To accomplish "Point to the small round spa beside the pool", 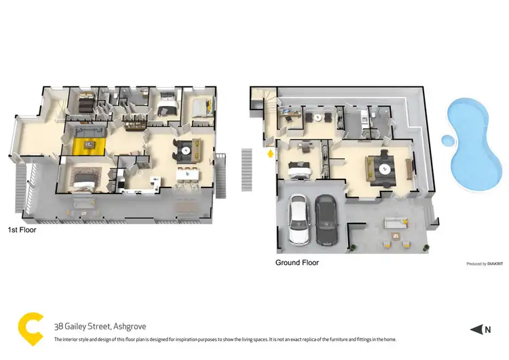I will [448, 141].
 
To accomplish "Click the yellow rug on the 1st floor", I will [89, 143].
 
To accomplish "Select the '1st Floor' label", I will [22, 230].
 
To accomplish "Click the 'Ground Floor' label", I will [297, 262].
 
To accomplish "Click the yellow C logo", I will [30, 326].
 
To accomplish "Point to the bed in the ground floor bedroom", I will [299, 168].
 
